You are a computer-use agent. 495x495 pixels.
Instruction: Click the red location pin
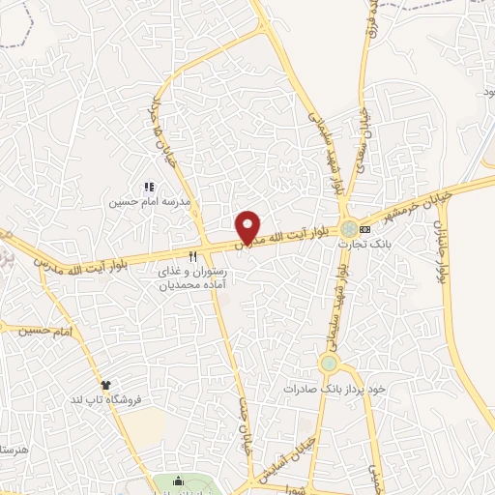(x=248, y=226)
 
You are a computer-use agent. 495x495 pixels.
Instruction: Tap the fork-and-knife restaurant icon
(x=192, y=256)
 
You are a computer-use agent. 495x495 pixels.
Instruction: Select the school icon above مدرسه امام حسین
(x=149, y=187)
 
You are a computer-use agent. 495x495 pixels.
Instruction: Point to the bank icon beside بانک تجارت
(x=365, y=229)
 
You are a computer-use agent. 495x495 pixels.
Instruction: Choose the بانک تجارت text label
(x=355, y=244)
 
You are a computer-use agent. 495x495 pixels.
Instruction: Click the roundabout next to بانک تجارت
(x=347, y=229)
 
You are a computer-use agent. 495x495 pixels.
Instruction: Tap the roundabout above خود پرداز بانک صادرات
(x=329, y=364)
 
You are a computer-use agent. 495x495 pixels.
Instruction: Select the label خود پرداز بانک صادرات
(x=335, y=388)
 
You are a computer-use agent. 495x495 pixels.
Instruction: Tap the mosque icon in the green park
(x=178, y=483)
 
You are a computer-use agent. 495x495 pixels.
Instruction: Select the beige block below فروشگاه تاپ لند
(x=143, y=427)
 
